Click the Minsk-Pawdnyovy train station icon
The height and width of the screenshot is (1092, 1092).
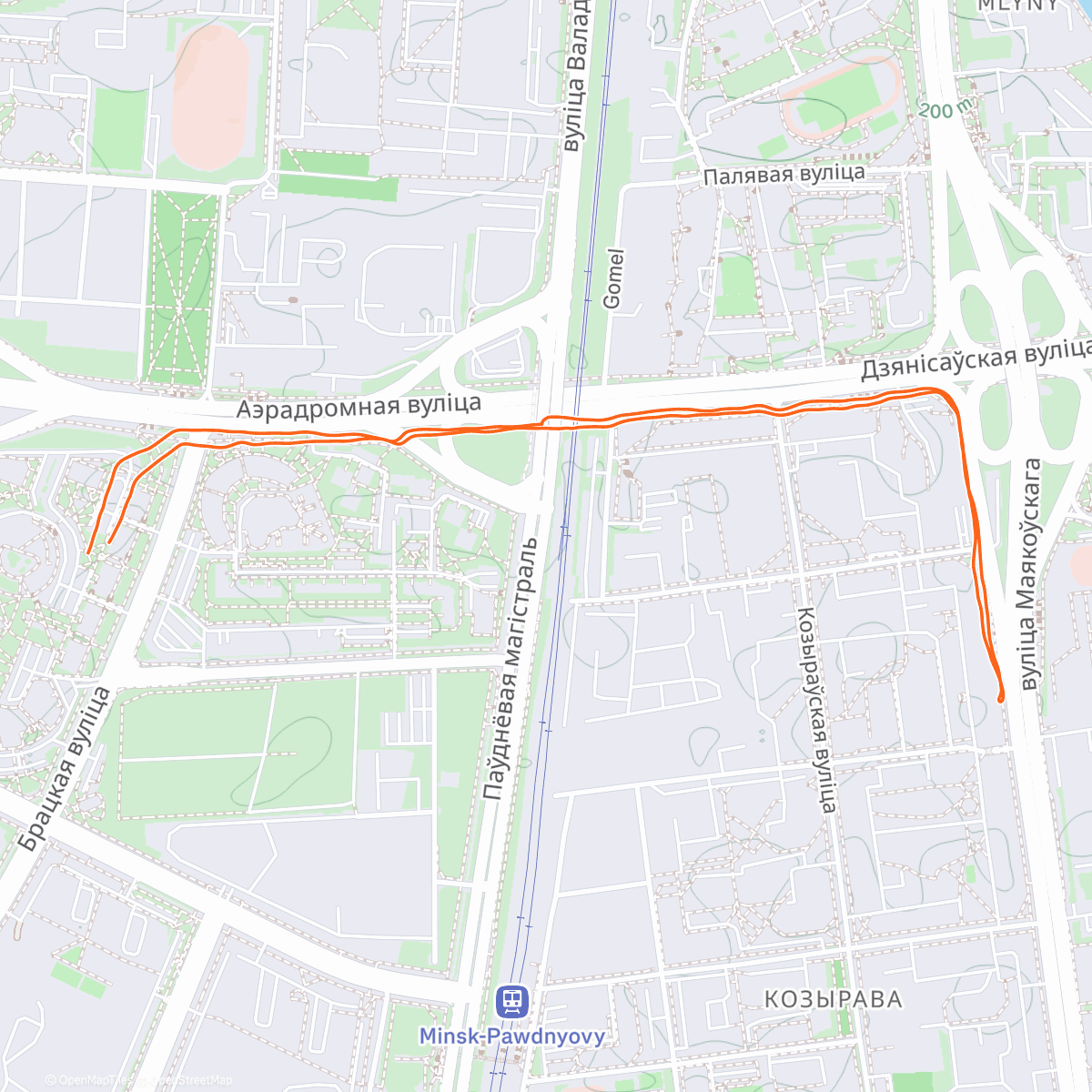[x=511, y=1002]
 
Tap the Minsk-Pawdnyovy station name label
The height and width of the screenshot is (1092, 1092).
[x=511, y=1036]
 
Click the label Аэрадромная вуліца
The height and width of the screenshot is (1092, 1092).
[x=359, y=407]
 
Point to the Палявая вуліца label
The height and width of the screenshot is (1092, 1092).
[x=784, y=174]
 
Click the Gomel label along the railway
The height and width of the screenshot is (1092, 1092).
[x=614, y=278]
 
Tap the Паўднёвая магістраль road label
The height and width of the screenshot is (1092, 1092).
[x=511, y=669]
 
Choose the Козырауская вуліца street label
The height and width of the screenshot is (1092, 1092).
[x=815, y=709]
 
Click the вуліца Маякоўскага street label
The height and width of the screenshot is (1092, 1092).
[x=1029, y=573]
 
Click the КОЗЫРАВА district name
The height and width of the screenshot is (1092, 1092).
[x=833, y=999]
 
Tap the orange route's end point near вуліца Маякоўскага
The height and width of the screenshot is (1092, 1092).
[x=1000, y=699]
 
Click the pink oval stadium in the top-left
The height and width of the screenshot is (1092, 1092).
[x=210, y=96]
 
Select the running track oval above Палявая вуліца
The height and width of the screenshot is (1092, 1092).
[x=839, y=99]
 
